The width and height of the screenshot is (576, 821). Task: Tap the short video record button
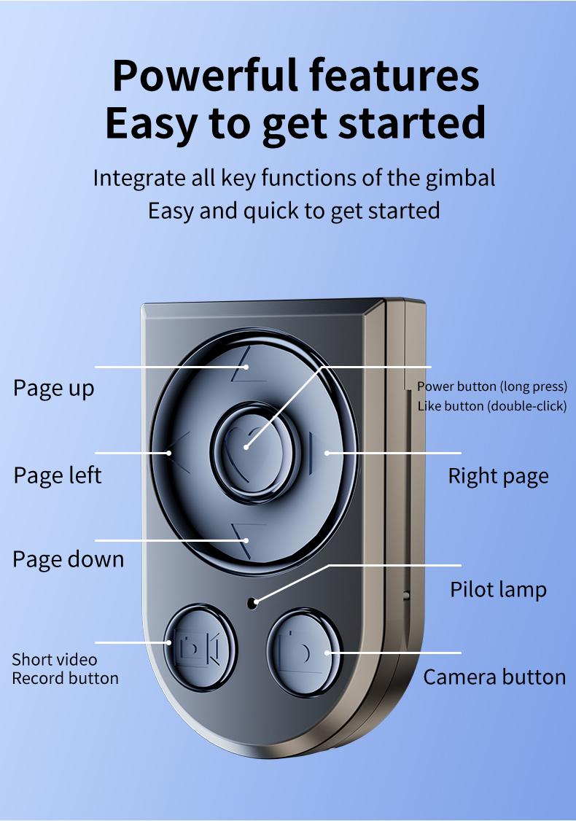(x=198, y=646)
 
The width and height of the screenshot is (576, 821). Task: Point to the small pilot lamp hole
(x=252, y=602)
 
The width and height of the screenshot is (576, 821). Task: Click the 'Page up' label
(x=54, y=388)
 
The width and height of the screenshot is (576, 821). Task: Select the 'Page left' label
(x=58, y=475)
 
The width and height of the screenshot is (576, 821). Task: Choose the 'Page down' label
(x=69, y=560)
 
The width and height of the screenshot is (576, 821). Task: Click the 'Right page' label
(x=498, y=476)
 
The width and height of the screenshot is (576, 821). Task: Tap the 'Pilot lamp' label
(x=498, y=589)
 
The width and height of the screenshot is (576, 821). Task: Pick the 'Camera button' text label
(x=494, y=677)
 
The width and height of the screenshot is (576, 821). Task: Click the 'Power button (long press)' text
(x=491, y=386)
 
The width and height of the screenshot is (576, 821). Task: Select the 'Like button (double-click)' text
(x=491, y=406)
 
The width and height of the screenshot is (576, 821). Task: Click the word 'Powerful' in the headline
(x=207, y=75)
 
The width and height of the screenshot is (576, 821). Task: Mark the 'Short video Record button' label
(x=65, y=669)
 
